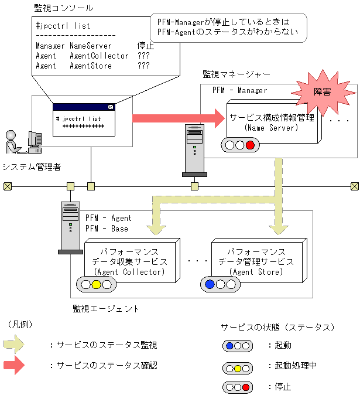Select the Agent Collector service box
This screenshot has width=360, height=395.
(x=129, y=258)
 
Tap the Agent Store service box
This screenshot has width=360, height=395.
(x=256, y=258)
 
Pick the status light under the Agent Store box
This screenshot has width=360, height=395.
(x=220, y=285)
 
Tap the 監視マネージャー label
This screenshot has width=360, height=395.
(x=236, y=74)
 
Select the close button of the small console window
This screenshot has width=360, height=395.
(x=111, y=107)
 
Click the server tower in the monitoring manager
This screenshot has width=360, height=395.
(x=194, y=149)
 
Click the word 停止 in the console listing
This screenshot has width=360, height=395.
(x=145, y=46)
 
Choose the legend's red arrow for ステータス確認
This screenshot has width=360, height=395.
(x=15, y=365)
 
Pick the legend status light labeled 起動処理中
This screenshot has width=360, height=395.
(x=238, y=366)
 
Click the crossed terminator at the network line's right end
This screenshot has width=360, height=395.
(x=354, y=186)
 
